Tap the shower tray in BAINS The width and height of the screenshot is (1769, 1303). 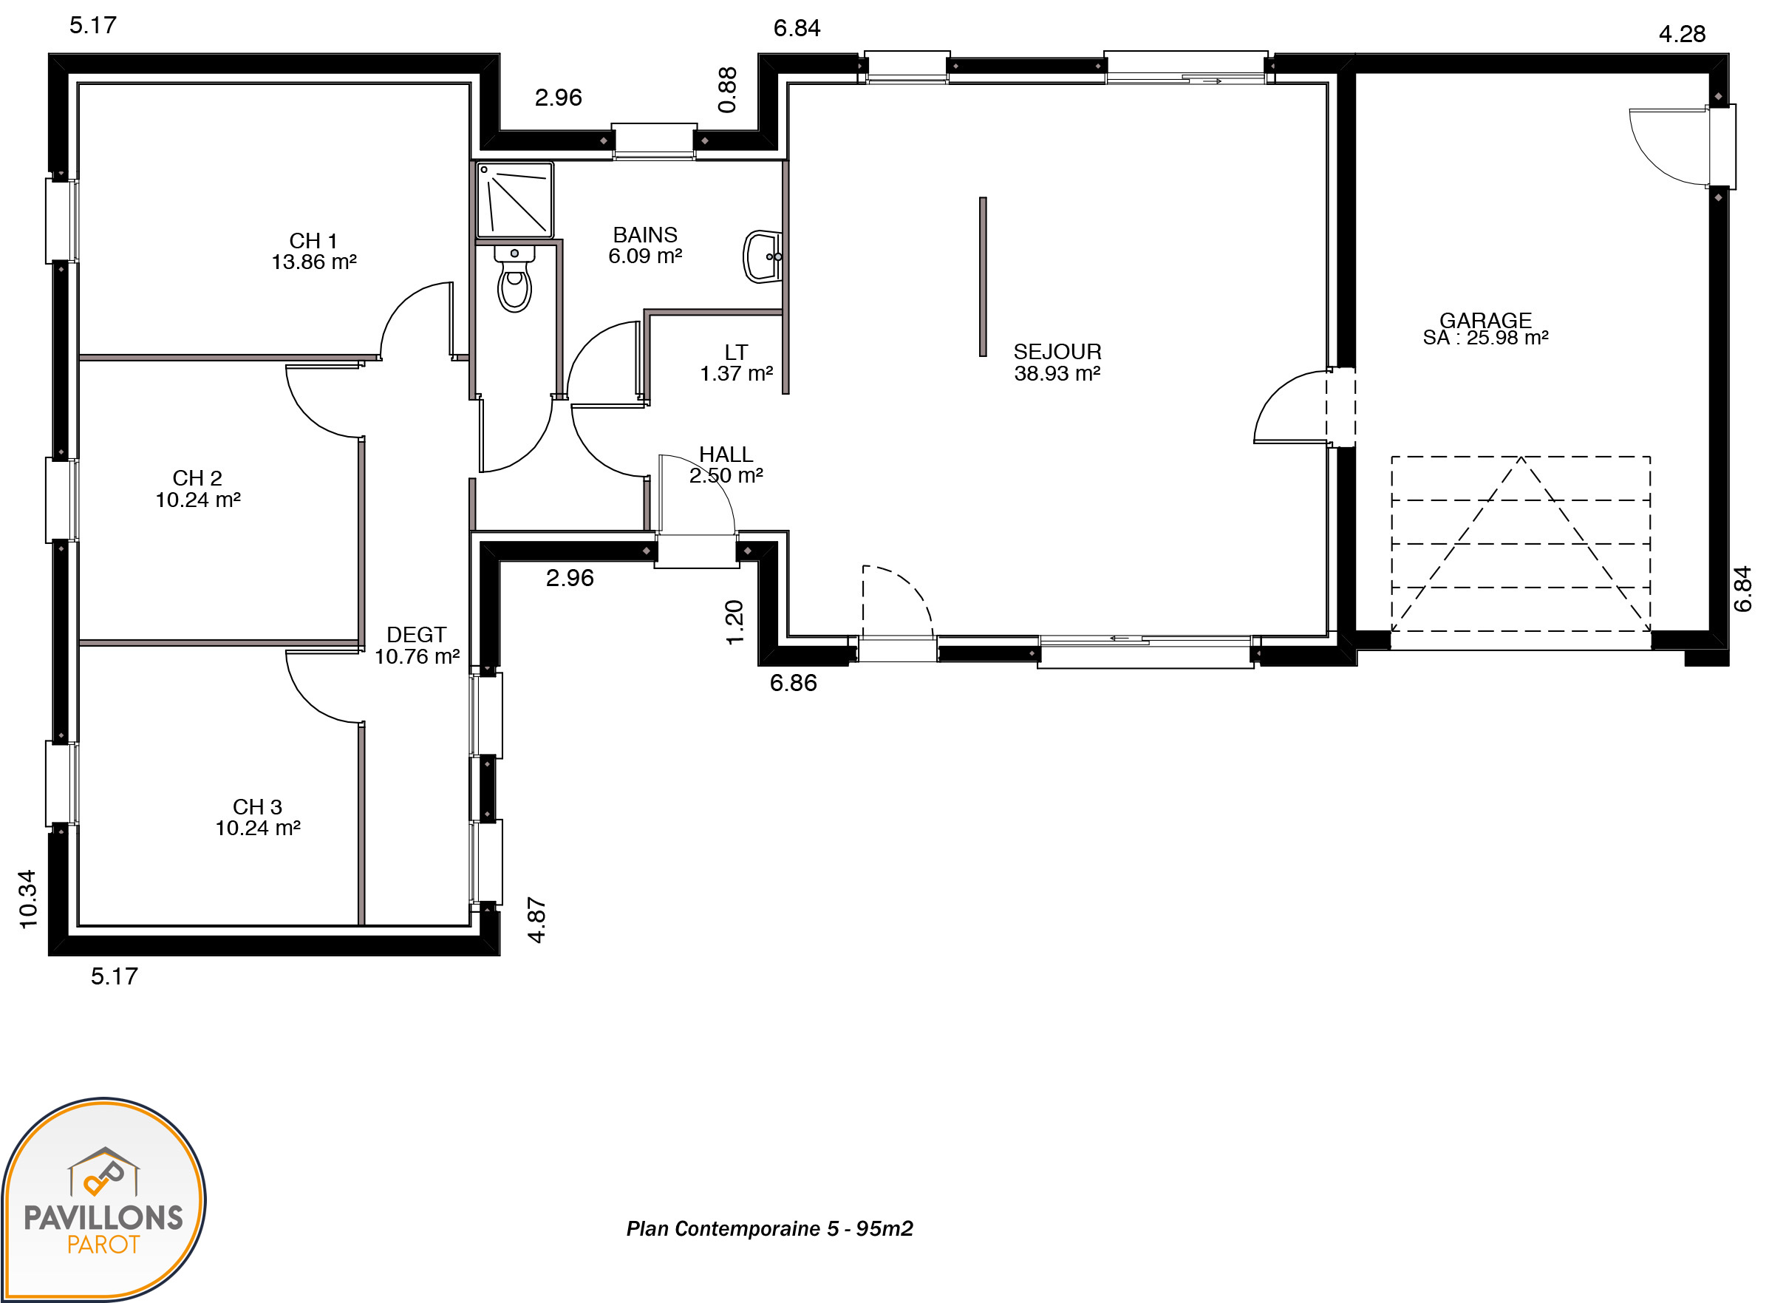click(x=514, y=200)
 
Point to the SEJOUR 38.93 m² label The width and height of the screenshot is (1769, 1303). click(x=1057, y=362)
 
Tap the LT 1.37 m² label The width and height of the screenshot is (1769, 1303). click(x=736, y=363)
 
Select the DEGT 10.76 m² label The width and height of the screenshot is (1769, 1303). click(x=417, y=645)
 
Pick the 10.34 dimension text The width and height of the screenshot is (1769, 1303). click(x=27, y=899)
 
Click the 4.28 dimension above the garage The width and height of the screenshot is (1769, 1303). click(x=1682, y=34)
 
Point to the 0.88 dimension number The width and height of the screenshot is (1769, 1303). click(x=727, y=90)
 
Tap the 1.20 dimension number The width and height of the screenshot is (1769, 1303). click(x=734, y=622)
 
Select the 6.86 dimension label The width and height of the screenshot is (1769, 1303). click(x=794, y=683)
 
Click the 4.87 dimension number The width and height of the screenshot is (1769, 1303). click(x=536, y=919)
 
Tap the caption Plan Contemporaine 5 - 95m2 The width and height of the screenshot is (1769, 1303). click(x=770, y=1229)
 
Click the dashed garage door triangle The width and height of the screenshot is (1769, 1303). click(x=1521, y=544)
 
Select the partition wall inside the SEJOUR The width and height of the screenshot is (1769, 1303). click(x=983, y=277)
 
